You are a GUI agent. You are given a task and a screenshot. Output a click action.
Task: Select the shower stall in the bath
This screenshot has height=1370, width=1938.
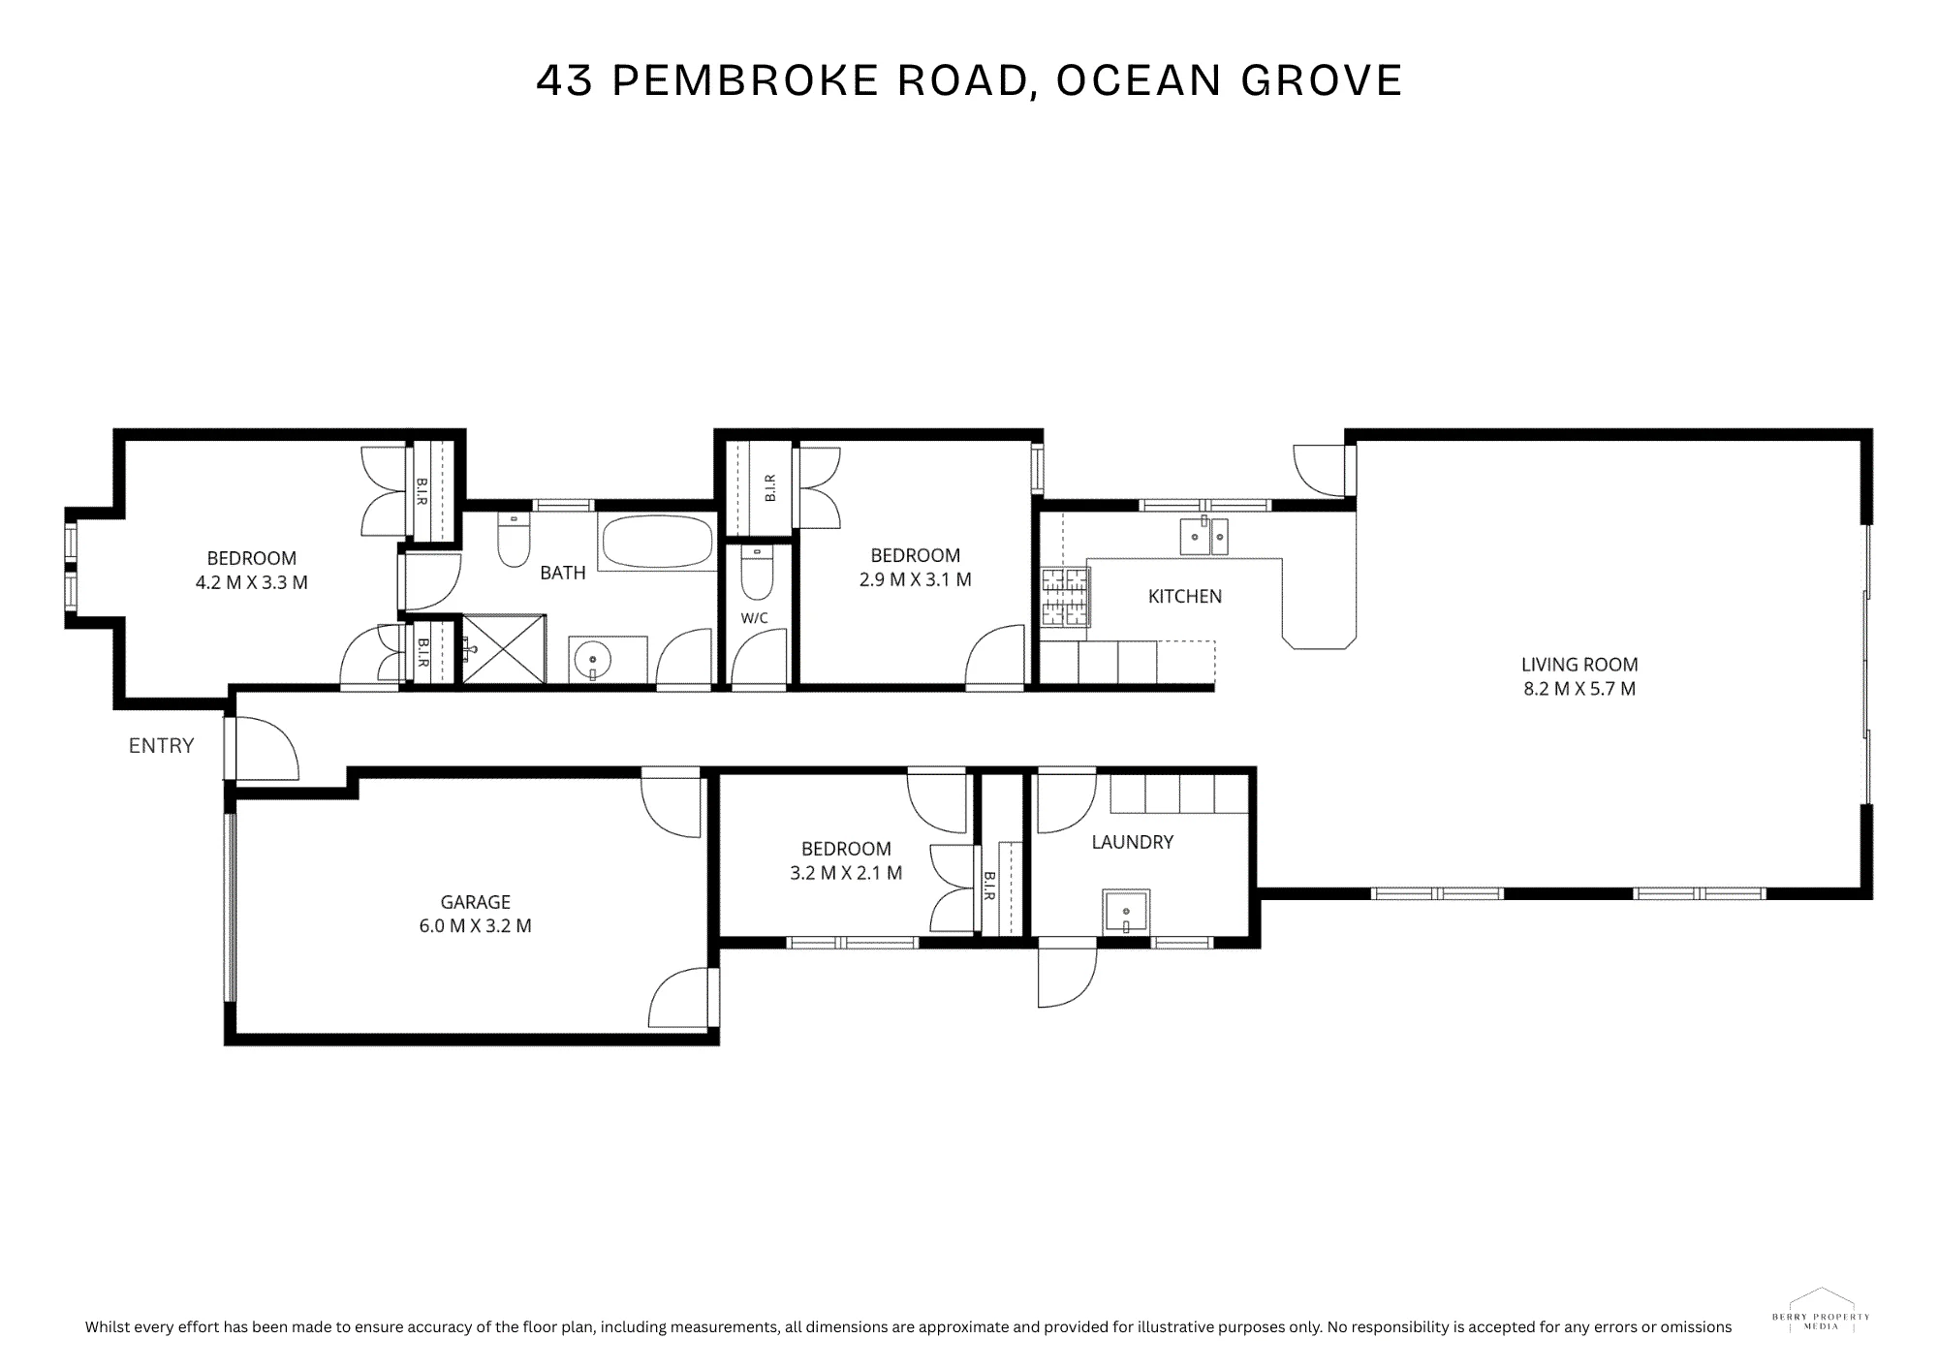pyautogui.click(x=504, y=648)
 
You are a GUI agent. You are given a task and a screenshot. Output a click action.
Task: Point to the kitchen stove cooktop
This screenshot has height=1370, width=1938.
pyautogui.click(x=1066, y=597)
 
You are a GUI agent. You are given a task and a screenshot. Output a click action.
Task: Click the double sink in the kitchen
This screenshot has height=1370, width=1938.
pyautogui.click(x=1203, y=535)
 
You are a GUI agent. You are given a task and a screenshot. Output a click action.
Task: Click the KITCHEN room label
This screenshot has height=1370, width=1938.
pyautogui.click(x=1185, y=597)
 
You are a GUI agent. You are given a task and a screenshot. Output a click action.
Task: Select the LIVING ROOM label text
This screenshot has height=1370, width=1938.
pyautogui.click(x=1579, y=665)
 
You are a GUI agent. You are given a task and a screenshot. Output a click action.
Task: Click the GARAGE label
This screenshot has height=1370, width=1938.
pyautogui.click(x=475, y=902)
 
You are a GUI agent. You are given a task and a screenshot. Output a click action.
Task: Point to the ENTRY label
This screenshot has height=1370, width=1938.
pyautogui.click(x=162, y=745)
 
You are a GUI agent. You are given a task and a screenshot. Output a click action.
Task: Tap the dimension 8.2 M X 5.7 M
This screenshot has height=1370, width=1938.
pyautogui.click(x=1579, y=689)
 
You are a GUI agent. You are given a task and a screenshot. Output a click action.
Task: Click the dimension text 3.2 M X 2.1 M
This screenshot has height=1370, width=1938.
pyautogui.click(x=846, y=873)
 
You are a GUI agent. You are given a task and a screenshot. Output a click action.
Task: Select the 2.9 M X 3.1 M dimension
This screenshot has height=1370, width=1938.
pyautogui.click(x=916, y=579)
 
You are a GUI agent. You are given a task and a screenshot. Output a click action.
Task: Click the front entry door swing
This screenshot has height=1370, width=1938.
pyautogui.click(x=264, y=748)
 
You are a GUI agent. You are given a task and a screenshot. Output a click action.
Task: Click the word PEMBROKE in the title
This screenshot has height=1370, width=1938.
pyautogui.click(x=745, y=80)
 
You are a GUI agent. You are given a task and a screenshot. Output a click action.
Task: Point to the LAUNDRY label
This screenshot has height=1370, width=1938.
pyautogui.click(x=1132, y=842)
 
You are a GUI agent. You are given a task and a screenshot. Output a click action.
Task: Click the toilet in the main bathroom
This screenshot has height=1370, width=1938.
pyautogui.click(x=514, y=541)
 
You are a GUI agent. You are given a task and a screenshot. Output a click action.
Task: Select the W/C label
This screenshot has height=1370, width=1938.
pyautogui.click(x=755, y=618)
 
